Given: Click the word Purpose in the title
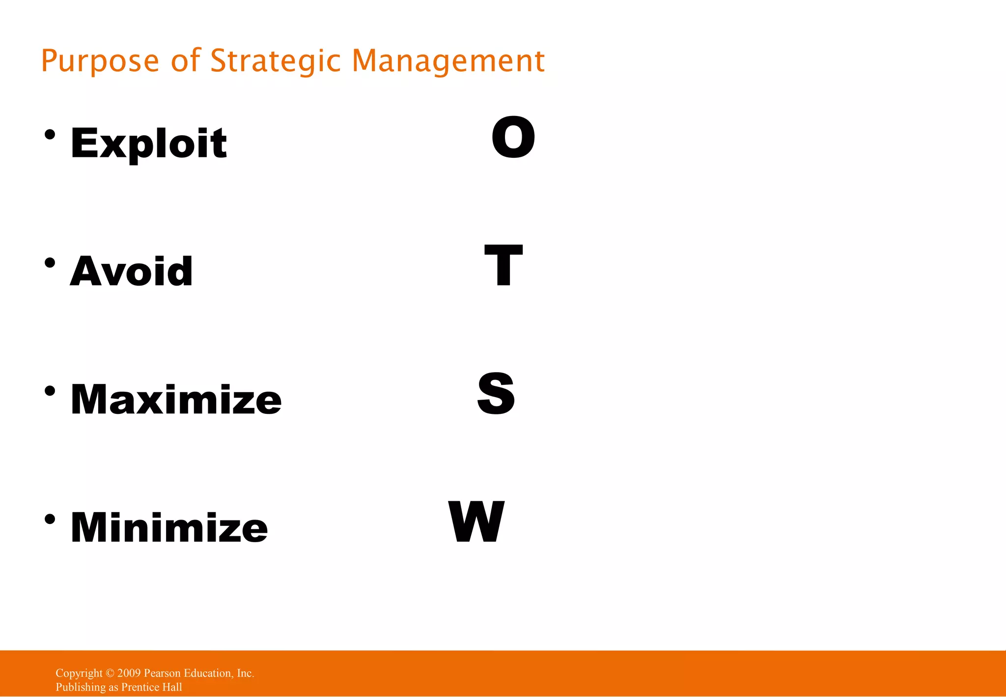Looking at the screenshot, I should (x=100, y=61).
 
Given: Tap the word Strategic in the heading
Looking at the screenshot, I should (x=275, y=61).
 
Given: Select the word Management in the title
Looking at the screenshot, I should (x=448, y=61).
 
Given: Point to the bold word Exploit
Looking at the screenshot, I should (x=148, y=143).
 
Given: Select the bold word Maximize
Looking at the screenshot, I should (x=176, y=399).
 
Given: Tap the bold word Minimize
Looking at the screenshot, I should (x=169, y=527).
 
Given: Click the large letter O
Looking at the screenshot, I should (x=513, y=138).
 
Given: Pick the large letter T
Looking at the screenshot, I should (x=503, y=265).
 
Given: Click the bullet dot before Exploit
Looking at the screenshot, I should (x=50, y=134).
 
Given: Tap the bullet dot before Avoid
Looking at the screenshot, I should (x=50, y=262).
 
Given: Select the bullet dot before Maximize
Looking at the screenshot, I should (x=50, y=391).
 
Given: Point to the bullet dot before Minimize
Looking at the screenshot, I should (x=50, y=519).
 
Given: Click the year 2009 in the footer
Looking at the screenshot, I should (x=129, y=673).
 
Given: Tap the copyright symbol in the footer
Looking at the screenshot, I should (x=110, y=673).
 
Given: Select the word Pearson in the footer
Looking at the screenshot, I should (x=162, y=673).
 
